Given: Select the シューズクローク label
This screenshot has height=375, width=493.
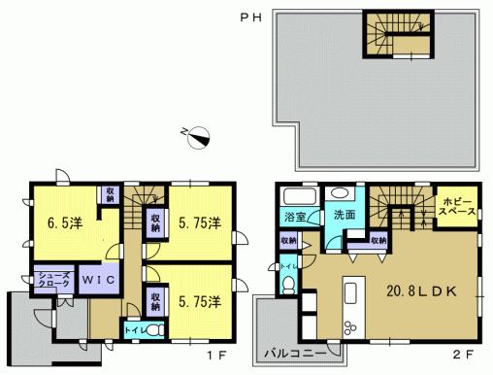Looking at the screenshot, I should click(x=52, y=278).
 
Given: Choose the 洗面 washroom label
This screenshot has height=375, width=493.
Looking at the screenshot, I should click(x=345, y=215).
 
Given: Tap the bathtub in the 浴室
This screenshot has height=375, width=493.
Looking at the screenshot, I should click(x=297, y=192).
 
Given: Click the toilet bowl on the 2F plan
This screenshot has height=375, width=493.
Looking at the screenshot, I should click(x=289, y=284).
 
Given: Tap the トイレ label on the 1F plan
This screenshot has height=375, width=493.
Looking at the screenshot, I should click(x=132, y=330).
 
